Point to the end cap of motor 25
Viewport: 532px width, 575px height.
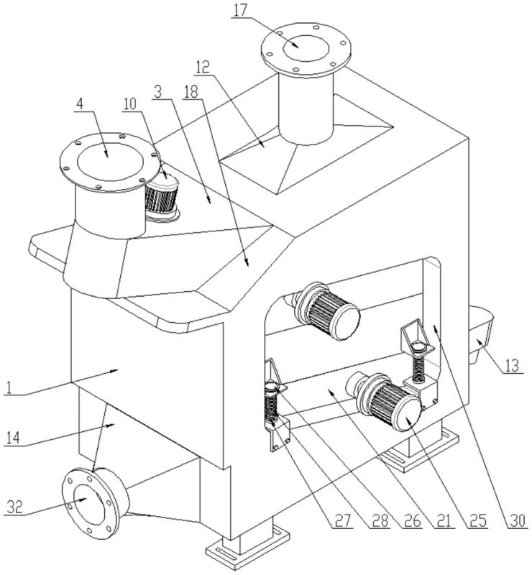pyautogui.click(x=404, y=415)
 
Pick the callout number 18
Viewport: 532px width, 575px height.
pyautogui.click(x=192, y=91)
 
